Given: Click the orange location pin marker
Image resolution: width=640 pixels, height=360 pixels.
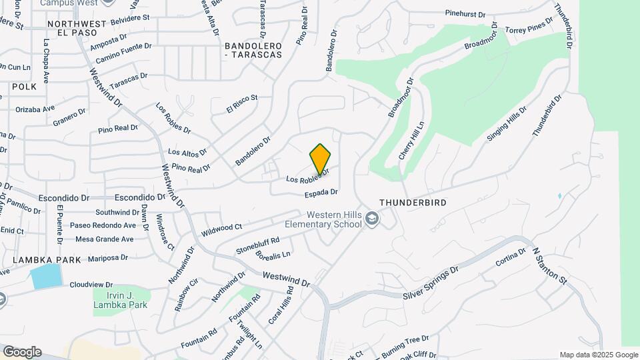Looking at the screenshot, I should [321, 159].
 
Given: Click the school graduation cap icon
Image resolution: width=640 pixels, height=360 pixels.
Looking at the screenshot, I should [372, 219].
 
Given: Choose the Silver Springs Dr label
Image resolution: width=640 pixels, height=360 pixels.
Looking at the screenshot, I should [431, 283].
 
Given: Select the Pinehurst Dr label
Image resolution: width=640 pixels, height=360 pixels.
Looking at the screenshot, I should [471, 13].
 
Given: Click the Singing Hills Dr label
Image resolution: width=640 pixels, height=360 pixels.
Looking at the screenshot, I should [507, 123].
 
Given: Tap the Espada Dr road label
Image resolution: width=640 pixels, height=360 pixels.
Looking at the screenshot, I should [321, 192].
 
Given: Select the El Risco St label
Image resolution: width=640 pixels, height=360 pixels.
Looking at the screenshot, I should [241, 103].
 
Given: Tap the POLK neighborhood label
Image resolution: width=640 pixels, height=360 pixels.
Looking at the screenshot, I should [23, 87].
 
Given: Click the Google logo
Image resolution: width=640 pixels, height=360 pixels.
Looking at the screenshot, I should [22, 352].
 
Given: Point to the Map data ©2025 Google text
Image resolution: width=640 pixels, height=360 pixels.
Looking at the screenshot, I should [598, 355].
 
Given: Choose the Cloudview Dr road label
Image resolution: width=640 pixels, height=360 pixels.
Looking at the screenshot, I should [91, 285].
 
